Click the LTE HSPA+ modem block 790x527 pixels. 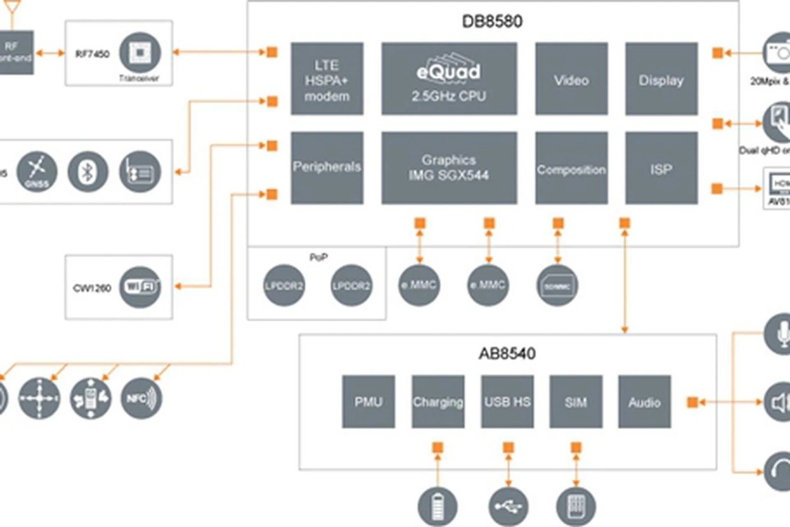pyautogui.click(x=327, y=79)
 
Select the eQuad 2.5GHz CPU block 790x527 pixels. pyautogui.click(x=449, y=79)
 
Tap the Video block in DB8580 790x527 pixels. pyautogui.click(x=571, y=79)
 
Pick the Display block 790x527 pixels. pyautogui.click(x=661, y=79)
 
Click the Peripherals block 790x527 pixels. pyautogui.click(x=327, y=168)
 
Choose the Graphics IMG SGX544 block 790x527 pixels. pyautogui.click(x=449, y=168)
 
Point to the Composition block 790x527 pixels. pyautogui.click(x=571, y=168)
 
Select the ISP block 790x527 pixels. pyautogui.click(x=661, y=168)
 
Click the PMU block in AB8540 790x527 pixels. pyautogui.click(x=368, y=401)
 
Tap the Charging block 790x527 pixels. pyautogui.click(x=438, y=401)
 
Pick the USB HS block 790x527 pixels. pyautogui.click(x=507, y=401)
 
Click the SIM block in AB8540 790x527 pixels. pyautogui.click(x=576, y=401)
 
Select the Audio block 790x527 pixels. pyautogui.click(x=644, y=401)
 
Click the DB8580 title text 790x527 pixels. pyautogui.click(x=492, y=21)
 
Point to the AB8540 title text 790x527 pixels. pyautogui.click(x=507, y=353)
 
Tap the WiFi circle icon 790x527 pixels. pyautogui.click(x=140, y=287)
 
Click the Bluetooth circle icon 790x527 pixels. pyautogui.click(x=88, y=172)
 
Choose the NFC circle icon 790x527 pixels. pyautogui.click(x=141, y=398)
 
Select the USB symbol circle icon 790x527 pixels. pyautogui.click(x=508, y=506)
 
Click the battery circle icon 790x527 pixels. pyautogui.click(x=437, y=506)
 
